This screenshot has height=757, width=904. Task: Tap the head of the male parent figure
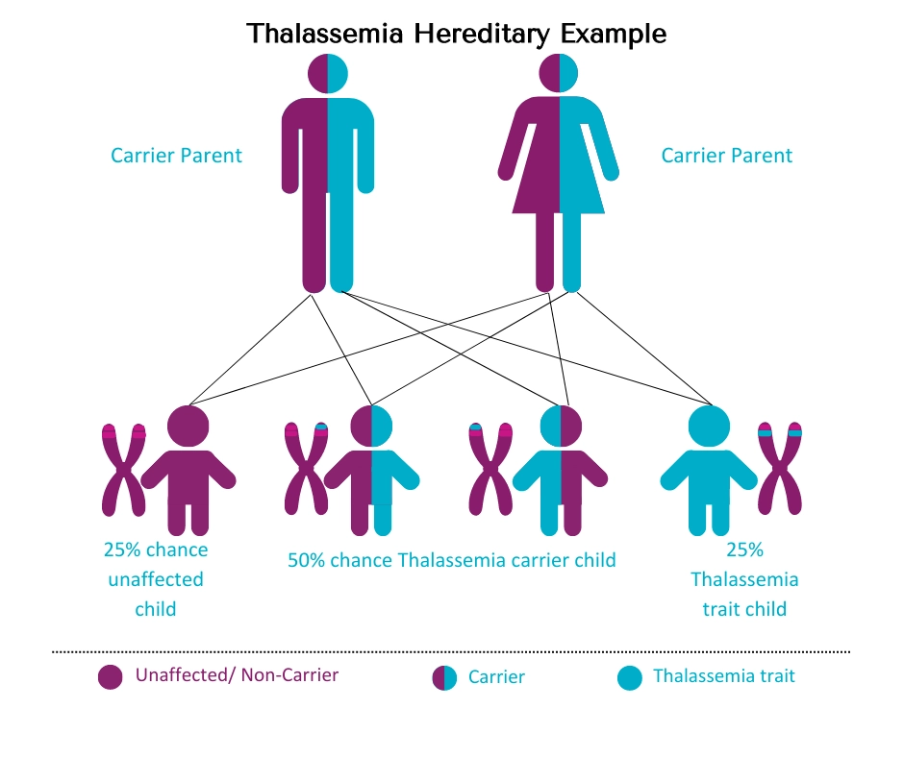(x=328, y=73)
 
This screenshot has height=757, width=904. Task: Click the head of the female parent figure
(x=559, y=73)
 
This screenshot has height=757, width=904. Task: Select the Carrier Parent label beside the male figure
(x=177, y=155)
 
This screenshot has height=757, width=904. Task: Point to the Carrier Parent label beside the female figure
(x=727, y=155)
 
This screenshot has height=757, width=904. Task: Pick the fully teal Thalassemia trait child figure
(x=708, y=471)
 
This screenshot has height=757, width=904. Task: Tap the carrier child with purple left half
(x=371, y=471)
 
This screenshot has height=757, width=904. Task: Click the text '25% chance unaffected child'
(x=156, y=579)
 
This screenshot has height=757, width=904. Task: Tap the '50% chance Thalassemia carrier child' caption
(x=452, y=560)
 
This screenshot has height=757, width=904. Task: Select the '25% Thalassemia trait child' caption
(x=744, y=579)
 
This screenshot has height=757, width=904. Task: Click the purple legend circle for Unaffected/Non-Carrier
(x=111, y=677)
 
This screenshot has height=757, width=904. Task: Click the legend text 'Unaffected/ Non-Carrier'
(x=237, y=675)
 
